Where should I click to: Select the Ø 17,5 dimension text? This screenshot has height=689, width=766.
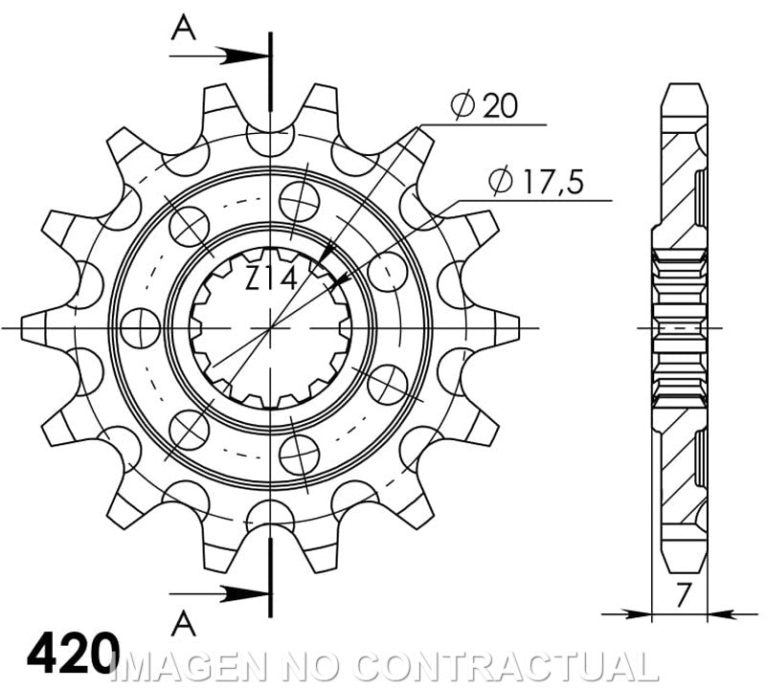[x=535, y=181]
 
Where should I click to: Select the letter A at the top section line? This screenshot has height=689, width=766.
[x=184, y=30]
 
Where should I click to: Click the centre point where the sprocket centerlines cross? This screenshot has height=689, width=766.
[x=271, y=327]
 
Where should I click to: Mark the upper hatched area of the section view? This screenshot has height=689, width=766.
[x=682, y=182]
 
